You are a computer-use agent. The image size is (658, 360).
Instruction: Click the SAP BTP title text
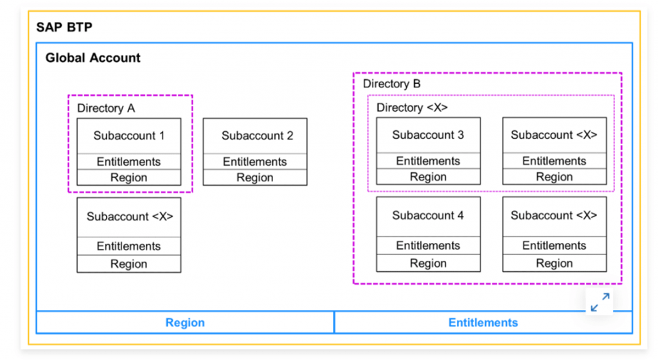64,27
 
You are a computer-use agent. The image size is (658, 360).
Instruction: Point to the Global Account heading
93,57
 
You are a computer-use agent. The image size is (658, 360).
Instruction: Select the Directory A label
106,108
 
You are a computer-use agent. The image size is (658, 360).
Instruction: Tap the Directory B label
391,84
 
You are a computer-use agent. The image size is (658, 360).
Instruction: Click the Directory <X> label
412,108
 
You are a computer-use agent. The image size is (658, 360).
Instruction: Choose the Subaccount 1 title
129,136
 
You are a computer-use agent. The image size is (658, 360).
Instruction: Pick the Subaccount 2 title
257,136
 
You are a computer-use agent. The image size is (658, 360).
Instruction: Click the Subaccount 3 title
428,135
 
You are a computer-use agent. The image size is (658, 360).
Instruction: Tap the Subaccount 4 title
428,215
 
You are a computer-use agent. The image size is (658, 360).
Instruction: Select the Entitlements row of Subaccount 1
129,161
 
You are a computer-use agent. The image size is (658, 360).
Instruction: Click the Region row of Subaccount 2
255,177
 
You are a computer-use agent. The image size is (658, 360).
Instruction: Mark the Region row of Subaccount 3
428,177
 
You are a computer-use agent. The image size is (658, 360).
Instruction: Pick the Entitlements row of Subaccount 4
428,246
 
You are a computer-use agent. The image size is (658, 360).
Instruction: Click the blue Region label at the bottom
185,323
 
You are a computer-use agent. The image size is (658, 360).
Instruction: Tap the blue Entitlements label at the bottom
483,323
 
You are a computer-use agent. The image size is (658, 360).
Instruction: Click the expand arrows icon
600,302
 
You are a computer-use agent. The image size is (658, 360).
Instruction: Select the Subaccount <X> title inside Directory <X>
554,135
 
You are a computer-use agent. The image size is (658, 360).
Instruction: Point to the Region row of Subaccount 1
129,177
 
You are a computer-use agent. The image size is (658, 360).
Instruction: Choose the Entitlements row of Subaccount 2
255,161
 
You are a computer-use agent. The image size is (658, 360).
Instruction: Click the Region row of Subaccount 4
428,263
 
